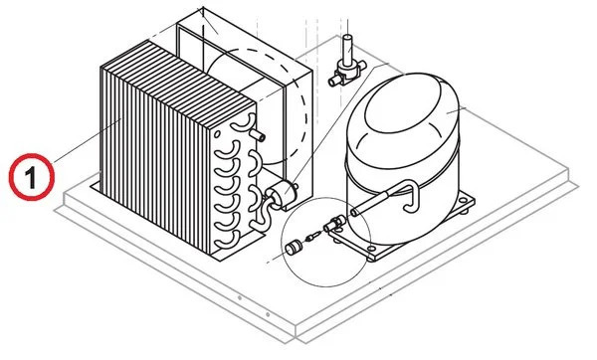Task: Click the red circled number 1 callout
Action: [32, 177]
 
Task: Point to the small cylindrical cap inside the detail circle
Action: [294, 248]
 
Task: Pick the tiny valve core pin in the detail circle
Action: [313, 236]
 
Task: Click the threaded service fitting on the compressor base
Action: [334, 223]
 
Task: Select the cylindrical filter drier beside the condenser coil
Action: [281, 191]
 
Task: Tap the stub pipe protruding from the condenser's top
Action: [258, 134]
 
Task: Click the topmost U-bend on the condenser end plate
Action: [243, 123]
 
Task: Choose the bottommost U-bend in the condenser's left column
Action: [228, 240]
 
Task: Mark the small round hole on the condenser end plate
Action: [217, 134]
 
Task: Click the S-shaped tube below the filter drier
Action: [263, 215]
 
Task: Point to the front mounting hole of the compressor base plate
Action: [371, 249]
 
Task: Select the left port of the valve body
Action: [334, 81]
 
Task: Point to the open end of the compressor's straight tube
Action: [354, 211]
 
